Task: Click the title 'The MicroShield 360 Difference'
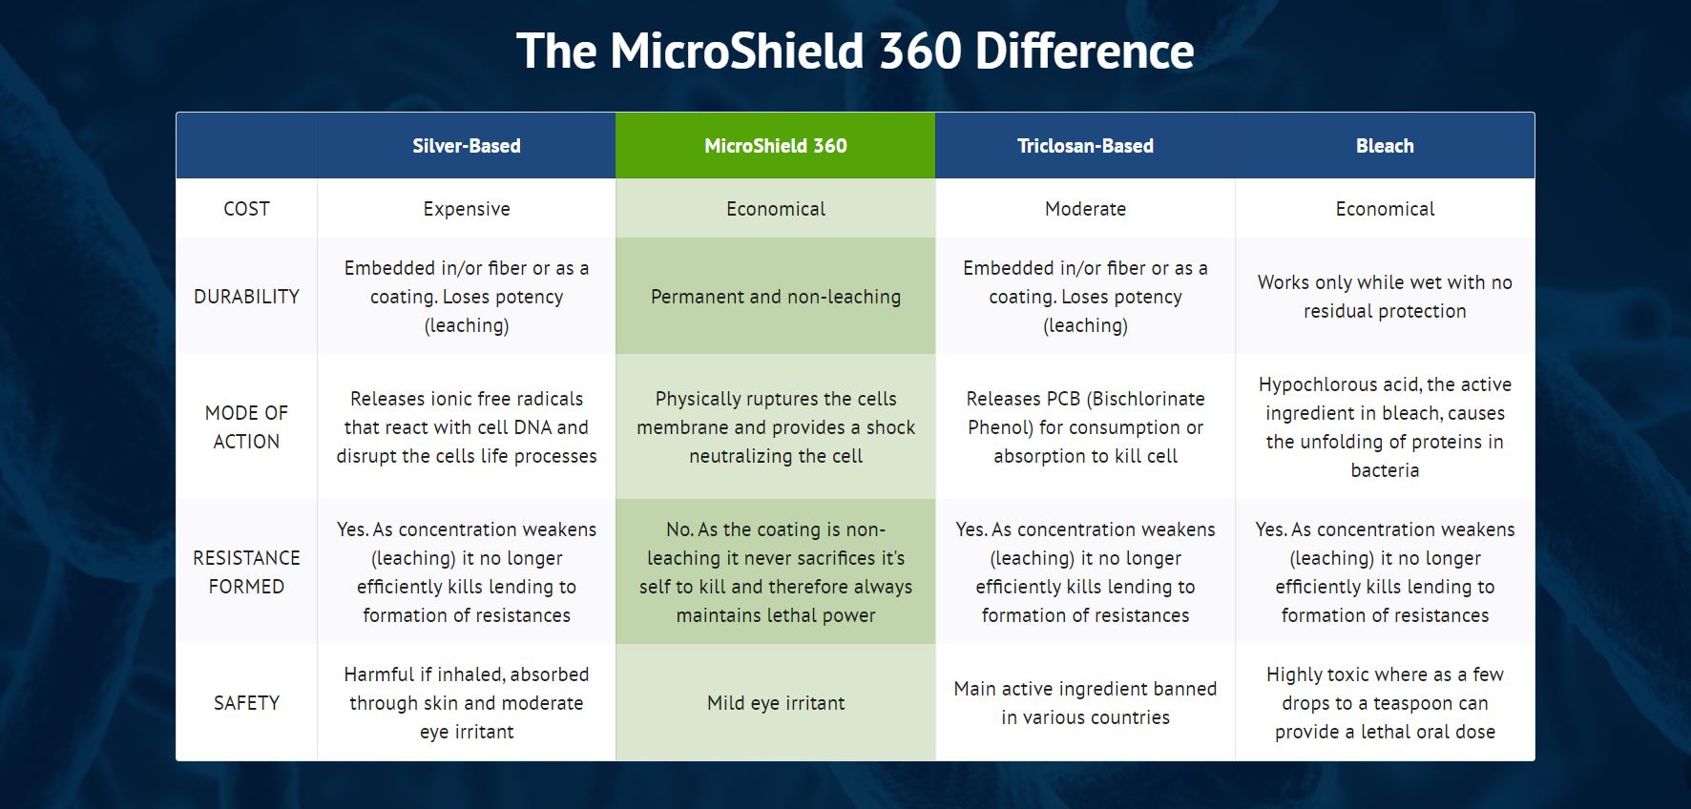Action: tap(855, 51)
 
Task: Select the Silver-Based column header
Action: tap(467, 146)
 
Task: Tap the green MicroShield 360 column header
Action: tap(776, 146)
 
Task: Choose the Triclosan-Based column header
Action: tap(1085, 146)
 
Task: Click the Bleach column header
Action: tap(1385, 146)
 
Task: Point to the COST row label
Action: tap(246, 209)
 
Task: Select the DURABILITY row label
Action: tap(246, 297)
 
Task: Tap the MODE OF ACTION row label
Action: tap(246, 427)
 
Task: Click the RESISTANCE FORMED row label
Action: tap(246, 572)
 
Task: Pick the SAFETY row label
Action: tap(246, 703)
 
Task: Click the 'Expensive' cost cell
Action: tap(467, 209)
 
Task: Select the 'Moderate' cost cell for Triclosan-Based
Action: tap(1085, 209)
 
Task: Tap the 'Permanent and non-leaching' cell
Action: tap(776, 297)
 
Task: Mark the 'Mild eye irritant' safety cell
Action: tap(776, 703)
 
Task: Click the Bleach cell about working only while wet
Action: tap(1385, 297)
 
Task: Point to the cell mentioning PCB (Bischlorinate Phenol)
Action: tap(1085, 427)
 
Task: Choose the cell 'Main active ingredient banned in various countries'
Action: tap(1085, 703)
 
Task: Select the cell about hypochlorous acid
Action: tap(1385, 427)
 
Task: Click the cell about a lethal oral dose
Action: tap(1385, 703)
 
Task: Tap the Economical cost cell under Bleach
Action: tap(1385, 209)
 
